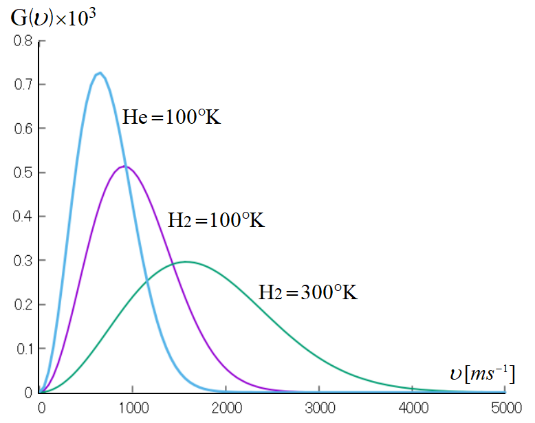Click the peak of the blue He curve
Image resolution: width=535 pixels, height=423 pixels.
[100, 73]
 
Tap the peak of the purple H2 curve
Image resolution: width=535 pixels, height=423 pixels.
[124, 166]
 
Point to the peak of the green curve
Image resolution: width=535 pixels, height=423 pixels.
[186, 261]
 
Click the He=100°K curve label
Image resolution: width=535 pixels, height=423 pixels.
[171, 117]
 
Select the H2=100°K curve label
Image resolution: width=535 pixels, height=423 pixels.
[216, 220]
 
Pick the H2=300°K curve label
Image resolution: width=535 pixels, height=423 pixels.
[308, 292]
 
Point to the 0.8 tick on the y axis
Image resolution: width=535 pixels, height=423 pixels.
[23, 40]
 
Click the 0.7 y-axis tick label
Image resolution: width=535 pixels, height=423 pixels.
[23, 84]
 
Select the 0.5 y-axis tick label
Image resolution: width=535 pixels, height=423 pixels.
[23, 172]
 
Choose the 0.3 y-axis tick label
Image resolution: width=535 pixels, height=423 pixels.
[23, 260]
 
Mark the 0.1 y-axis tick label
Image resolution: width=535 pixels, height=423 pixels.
[23, 348]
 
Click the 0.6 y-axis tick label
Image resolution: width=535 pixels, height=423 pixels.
[23, 128]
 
